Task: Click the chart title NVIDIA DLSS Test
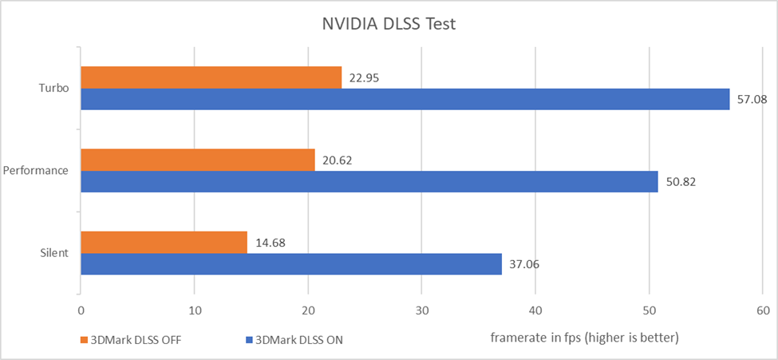tap(389, 23)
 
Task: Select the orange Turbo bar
tap(211, 77)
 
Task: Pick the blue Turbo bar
tap(405, 99)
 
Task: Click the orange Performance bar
tap(198, 160)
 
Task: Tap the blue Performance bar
tap(369, 181)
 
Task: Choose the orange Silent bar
tap(164, 243)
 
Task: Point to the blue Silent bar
tap(291, 264)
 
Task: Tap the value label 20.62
tap(337, 160)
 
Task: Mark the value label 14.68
tap(269, 243)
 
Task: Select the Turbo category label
tap(53, 88)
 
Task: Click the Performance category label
tap(36, 170)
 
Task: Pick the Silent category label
tap(53, 253)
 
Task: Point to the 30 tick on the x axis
tap(422, 310)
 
